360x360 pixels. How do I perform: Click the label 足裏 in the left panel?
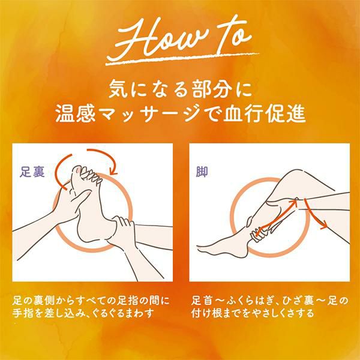pyautogui.click(x=32, y=172)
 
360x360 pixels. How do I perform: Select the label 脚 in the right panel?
pyautogui.click(x=202, y=172)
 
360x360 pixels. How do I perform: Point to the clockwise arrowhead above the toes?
pyautogui.click(x=113, y=172)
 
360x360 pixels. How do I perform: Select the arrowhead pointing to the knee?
pyautogui.click(x=293, y=203)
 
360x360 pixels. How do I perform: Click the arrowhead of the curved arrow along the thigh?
pyautogui.click(x=324, y=226)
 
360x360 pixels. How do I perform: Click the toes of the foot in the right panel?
pyautogui.click(x=203, y=248)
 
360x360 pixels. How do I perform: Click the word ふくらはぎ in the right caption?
pyautogui.click(x=250, y=301)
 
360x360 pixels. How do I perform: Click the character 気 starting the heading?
pyautogui.click(x=118, y=89)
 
